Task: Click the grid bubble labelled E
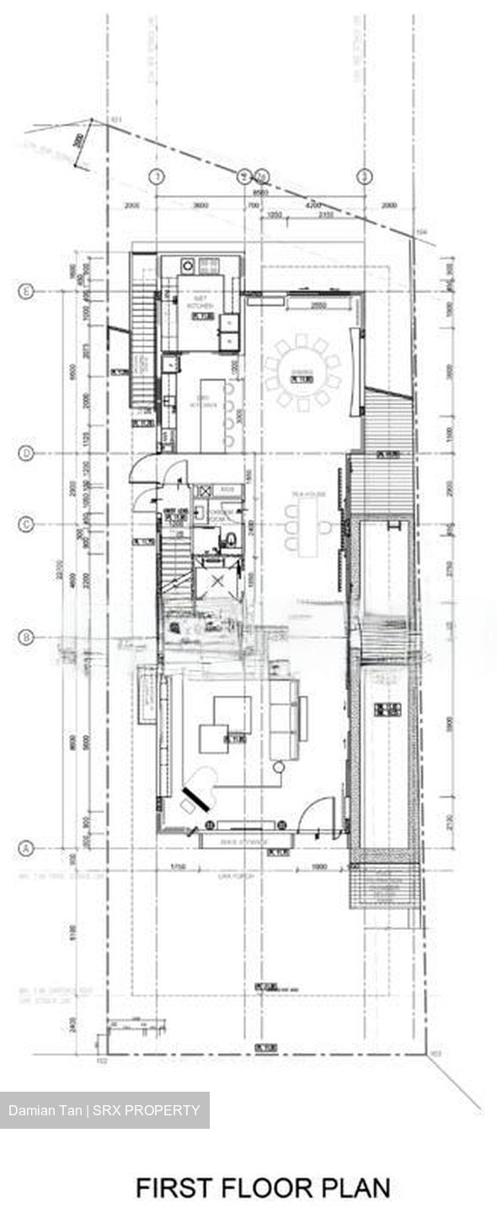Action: click(x=26, y=291)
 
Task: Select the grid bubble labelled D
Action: click(x=26, y=453)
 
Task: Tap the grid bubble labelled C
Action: click(x=26, y=525)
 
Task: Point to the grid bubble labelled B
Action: click(x=26, y=638)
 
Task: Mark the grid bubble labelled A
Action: click(x=26, y=848)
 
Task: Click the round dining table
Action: click(x=302, y=371)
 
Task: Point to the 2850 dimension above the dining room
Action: click(x=318, y=304)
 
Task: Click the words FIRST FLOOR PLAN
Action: click(x=263, y=1188)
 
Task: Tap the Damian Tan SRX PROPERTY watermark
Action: click(x=104, y=1110)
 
